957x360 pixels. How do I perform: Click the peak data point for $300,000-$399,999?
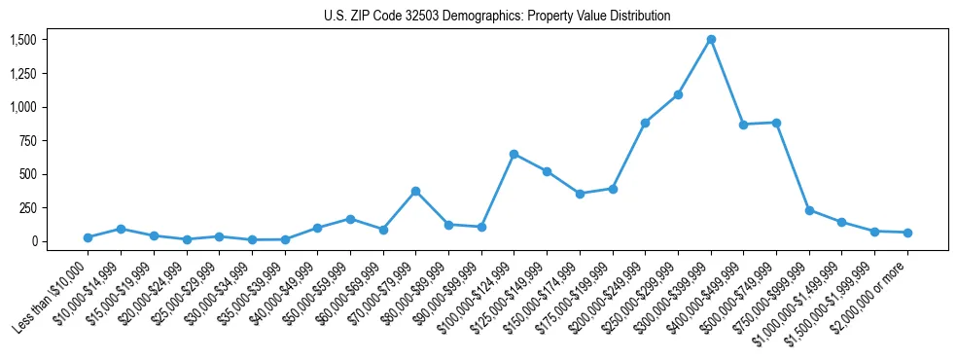[x=711, y=40]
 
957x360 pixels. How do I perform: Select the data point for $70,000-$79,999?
[x=415, y=192]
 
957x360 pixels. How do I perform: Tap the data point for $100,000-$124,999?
[x=514, y=154]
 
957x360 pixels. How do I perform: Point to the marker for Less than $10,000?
[x=88, y=237]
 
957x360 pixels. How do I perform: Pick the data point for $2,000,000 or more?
[x=907, y=233]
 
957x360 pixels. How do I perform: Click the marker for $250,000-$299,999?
[x=678, y=94]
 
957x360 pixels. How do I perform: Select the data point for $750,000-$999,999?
[x=809, y=210]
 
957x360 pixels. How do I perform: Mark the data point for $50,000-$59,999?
[x=350, y=219]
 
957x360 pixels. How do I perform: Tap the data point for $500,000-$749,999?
[x=776, y=123]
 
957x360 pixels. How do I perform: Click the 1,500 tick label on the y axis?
[x=23, y=40]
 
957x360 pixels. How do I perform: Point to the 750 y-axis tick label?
[x=29, y=141]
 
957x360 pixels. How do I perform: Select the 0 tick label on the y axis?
[x=34, y=241]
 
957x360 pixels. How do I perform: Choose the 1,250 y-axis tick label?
[x=23, y=74]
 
